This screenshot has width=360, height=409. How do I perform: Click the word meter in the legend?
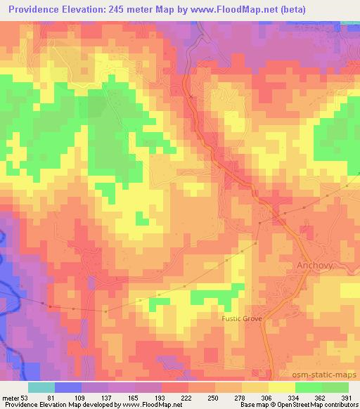[x=11, y=397]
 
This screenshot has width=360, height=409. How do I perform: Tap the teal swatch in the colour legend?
[x=41, y=387]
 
